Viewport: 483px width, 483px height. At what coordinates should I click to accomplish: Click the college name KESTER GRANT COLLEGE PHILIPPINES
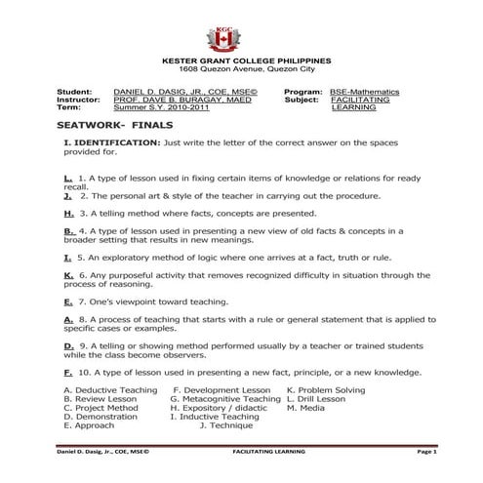pyautogui.click(x=231, y=61)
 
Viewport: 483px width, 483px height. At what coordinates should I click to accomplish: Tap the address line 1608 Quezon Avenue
pyautogui.click(x=231, y=70)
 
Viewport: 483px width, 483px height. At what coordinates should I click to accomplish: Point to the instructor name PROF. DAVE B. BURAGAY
pyautogui.click(x=181, y=99)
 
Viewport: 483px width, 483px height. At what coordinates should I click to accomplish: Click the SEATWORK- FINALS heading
pyautogui.click(x=104, y=127)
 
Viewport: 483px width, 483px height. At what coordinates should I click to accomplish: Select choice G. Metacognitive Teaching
pyautogui.click(x=224, y=398)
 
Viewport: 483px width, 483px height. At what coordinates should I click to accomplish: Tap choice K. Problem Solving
pyautogui.click(x=326, y=389)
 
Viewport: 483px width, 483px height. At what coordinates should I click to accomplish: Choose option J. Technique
pyautogui.click(x=225, y=425)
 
